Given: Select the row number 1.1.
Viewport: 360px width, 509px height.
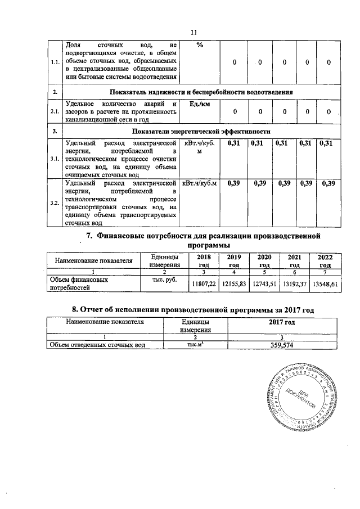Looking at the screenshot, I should click(55, 62).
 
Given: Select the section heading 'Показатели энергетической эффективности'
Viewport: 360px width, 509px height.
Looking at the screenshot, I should click(201, 131).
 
